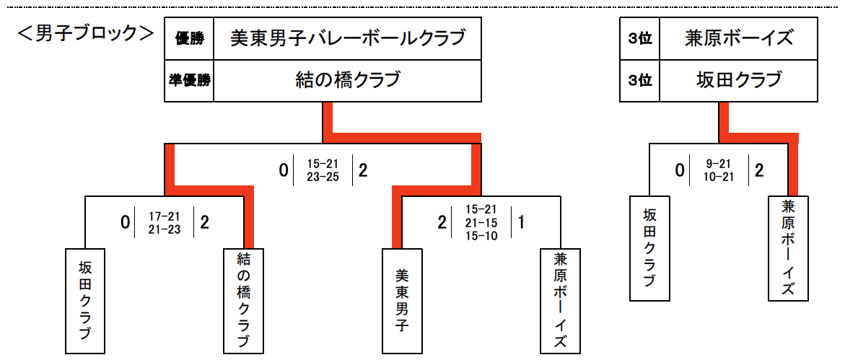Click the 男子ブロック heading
[x=86, y=34]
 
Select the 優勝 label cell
[x=189, y=39]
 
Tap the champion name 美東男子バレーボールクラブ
[x=347, y=39]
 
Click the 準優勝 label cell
[x=189, y=80]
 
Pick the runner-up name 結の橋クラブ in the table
[x=347, y=80]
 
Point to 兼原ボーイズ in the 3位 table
[x=739, y=39]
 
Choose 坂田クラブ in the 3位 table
[x=739, y=80]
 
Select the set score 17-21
[x=165, y=216]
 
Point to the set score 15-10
[x=482, y=235]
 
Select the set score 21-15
[x=482, y=223]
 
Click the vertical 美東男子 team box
[x=403, y=299]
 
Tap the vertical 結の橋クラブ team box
[x=244, y=299]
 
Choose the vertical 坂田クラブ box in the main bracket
[x=85, y=299]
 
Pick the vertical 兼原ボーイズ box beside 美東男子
[x=561, y=299]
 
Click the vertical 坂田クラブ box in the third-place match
[x=649, y=248]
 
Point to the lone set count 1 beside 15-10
[x=520, y=222]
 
